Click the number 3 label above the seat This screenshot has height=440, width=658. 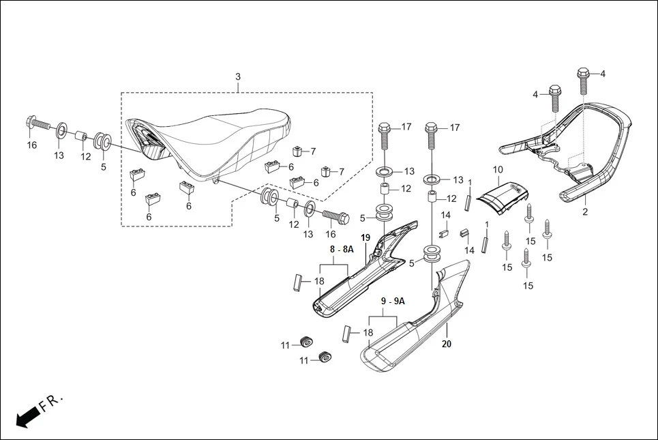[238, 76]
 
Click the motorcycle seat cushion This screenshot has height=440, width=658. [211, 140]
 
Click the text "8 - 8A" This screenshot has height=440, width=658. [342, 250]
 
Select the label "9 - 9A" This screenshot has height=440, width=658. [392, 301]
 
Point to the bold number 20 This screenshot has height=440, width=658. [446, 344]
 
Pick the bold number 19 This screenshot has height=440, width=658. [365, 237]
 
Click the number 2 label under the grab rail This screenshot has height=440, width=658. [584, 212]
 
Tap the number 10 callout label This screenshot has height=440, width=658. [497, 169]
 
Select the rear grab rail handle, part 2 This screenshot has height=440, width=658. [600, 150]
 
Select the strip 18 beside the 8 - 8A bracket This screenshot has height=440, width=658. [297, 281]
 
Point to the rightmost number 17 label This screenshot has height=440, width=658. [455, 128]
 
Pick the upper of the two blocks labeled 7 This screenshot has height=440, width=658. [297, 151]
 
